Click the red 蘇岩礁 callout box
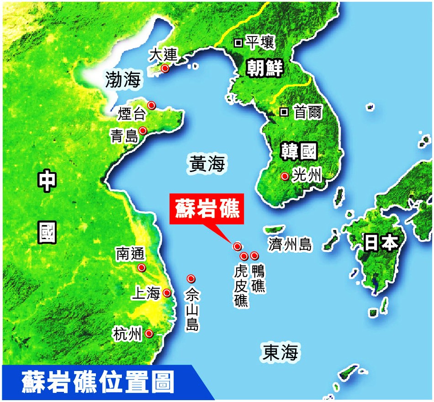(x=205, y=209)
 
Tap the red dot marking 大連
(x=165, y=68)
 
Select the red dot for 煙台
(x=151, y=105)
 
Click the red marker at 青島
(x=143, y=131)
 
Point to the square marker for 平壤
(x=238, y=43)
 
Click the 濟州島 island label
(x=290, y=245)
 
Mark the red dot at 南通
(x=142, y=267)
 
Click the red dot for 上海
(x=167, y=293)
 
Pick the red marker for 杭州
(x=149, y=334)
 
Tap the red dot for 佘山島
(x=191, y=278)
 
